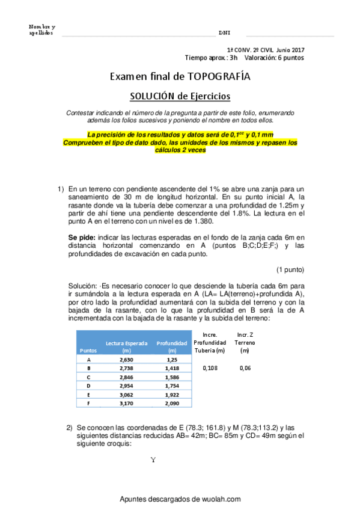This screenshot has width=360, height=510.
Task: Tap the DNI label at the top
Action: [224, 32]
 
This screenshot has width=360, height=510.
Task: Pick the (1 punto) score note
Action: [290, 269]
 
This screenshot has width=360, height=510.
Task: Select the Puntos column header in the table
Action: [88, 349]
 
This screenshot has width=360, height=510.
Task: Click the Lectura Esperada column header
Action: [127, 346]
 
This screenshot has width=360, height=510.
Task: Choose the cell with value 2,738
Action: [126, 367]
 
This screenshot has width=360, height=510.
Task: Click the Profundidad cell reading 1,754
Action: [172, 385]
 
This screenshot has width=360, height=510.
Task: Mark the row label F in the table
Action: [89, 404]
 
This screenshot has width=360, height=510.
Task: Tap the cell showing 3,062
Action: [126, 395]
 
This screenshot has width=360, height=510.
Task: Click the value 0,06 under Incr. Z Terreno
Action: [245, 367]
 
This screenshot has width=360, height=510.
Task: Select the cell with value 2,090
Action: [172, 404]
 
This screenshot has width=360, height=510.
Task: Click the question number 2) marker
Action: [70, 427]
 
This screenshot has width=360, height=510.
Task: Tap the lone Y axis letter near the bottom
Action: [153, 461]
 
